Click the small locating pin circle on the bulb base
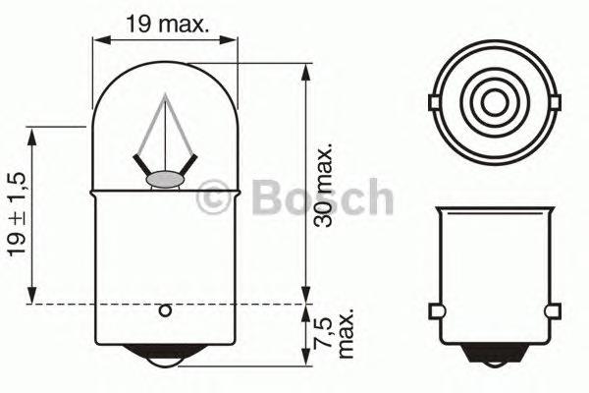pos(166,313)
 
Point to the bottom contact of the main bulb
pos(166,361)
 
